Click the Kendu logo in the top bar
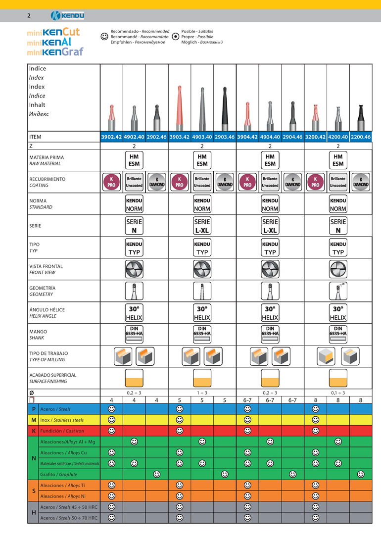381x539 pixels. click(68, 15)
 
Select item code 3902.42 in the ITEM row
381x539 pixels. click(111, 137)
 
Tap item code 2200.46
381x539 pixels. click(361, 137)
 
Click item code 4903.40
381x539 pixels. click(202, 137)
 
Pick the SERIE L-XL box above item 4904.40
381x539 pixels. click(270, 225)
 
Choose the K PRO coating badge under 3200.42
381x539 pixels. click(315, 182)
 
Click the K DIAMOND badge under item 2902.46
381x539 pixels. click(157, 182)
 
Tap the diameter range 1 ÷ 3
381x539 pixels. click(202, 392)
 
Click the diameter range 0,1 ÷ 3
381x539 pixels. click(338, 392)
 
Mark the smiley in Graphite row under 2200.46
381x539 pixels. click(361, 474)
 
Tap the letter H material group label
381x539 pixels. click(33, 512)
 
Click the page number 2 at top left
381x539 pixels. click(29, 15)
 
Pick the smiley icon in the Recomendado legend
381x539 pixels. click(104, 37)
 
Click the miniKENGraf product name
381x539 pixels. click(55, 51)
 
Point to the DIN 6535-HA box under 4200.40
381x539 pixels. click(338, 331)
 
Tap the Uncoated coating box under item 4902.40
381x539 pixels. click(134, 182)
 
